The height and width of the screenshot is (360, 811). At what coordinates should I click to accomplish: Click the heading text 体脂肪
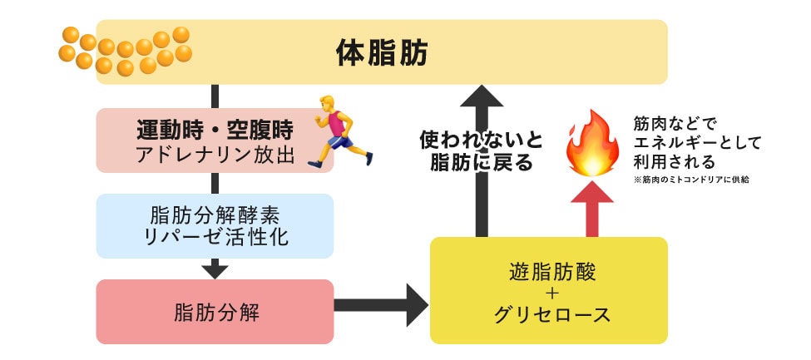382,53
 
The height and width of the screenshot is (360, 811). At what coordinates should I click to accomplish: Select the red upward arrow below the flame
593,208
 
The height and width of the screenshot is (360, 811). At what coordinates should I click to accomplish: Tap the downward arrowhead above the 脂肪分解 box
215,269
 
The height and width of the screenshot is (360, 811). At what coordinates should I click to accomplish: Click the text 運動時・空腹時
215,130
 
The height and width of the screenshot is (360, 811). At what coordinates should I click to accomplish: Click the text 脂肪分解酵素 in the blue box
215,214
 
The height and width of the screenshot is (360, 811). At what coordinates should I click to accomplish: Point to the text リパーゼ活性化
215,237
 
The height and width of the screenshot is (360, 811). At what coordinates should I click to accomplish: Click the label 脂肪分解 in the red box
215,313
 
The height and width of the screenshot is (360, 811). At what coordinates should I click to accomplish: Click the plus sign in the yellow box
551,293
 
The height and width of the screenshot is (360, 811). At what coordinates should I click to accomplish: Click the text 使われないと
480,138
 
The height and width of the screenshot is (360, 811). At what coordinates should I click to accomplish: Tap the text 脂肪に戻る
480,162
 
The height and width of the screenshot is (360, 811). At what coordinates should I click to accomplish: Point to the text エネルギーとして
697,142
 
